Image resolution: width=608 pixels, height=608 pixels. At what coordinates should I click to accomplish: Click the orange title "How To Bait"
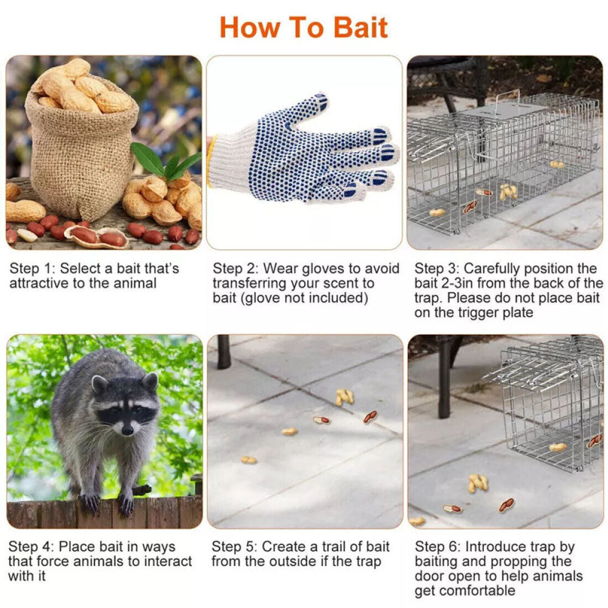point(303,27)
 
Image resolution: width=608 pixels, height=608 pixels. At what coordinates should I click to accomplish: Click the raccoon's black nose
point(128,429)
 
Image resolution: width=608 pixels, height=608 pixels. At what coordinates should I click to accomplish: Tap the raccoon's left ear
point(99,383)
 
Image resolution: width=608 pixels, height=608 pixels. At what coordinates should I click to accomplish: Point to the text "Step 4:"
point(31,547)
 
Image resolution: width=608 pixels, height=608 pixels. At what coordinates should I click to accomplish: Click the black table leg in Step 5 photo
point(224,352)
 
